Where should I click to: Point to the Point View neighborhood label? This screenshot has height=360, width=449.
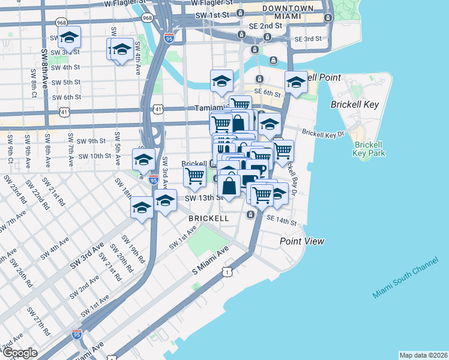pyautogui.click(x=302, y=241)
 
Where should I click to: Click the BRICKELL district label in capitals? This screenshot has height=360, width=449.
pyautogui.click(x=208, y=219)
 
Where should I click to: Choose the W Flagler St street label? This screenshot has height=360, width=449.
pyautogui.click(x=125, y=3)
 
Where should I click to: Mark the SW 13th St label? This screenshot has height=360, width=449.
pyautogui.click(x=202, y=198)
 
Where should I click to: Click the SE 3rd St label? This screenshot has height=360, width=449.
pyautogui.click(x=308, y=39)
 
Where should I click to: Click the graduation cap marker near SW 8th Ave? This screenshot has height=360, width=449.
pyautogui.click(x=70, y=38)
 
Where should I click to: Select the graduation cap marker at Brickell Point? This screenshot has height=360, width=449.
pyautogui.click(x=295, y=83)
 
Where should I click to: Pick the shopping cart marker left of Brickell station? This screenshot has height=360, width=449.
pyautogui.click(x=195, y=176)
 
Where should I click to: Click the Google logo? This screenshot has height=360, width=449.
pyautogui.click(x=20, y=353)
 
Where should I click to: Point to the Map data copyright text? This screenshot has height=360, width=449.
pyautogui.click(x=423, y=355)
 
